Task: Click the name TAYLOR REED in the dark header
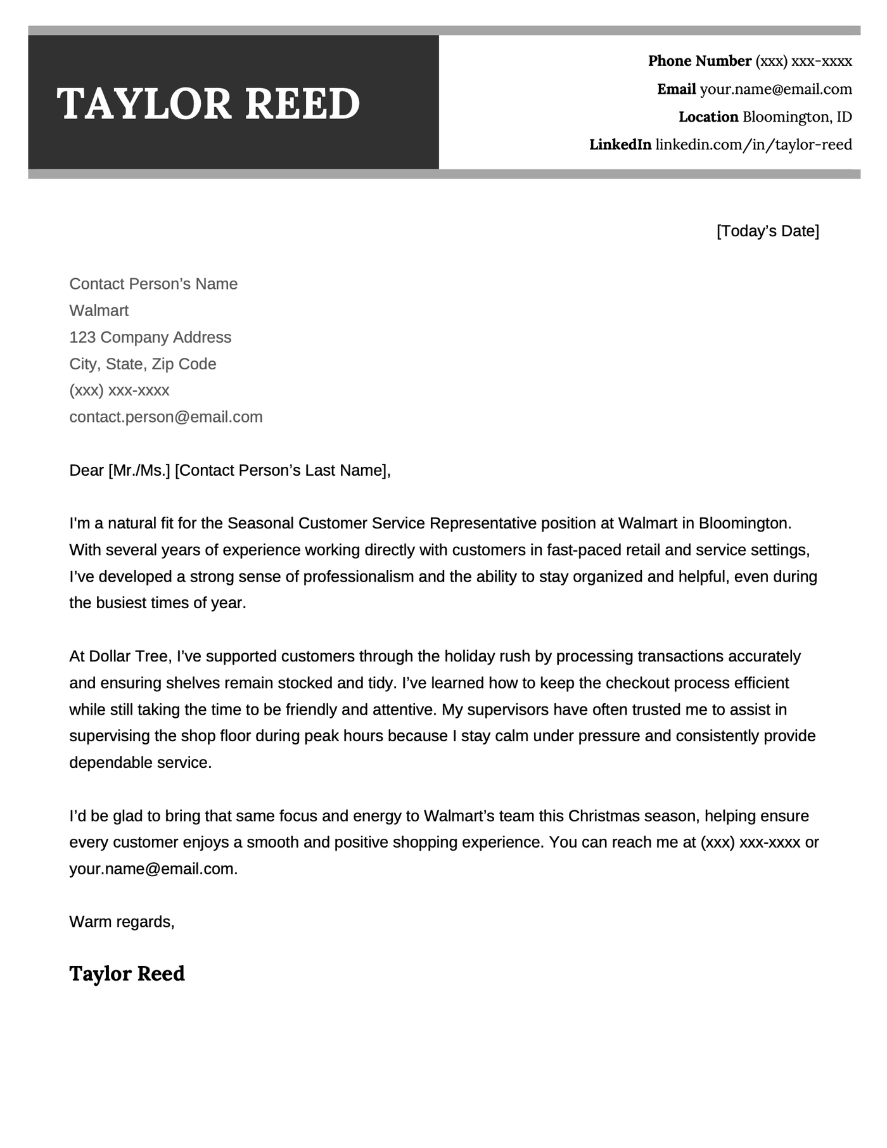point(208,103)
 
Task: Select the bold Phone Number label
point(699,61)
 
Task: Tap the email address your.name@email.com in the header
point(775,89)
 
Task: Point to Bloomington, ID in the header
point(797,117)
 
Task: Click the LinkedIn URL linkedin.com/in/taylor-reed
point(753,145)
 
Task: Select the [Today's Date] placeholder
point(767,231)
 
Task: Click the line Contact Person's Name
point(153,284)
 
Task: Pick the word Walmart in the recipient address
point(99,310)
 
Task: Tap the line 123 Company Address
point(150,337)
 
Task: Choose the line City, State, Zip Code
point(143,364)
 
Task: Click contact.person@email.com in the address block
point(165,417)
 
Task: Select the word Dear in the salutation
point(86,470)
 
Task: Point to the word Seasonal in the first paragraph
point(260,523)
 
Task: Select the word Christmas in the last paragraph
point(604,816)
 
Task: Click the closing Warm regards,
point(122,922)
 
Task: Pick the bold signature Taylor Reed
point(127,974)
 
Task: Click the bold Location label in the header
point(708,117)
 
